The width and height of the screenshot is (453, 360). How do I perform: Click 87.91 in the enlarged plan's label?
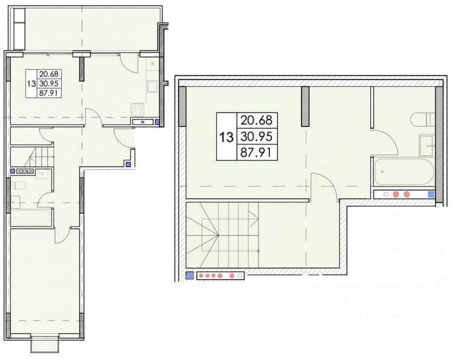[257, 153]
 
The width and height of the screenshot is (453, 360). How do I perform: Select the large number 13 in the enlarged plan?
[226, 137]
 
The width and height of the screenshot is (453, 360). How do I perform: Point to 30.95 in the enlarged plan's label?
[257, 137]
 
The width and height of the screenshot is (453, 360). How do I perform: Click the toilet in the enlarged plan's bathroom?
[422, 120]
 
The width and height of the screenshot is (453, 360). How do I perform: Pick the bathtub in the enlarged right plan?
[405, 172]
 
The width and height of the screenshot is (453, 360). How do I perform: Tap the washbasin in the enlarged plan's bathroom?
[427, 146]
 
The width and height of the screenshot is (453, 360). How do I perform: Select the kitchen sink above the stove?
[152, 86]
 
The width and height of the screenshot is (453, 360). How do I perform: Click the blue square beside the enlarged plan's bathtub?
[431, 194]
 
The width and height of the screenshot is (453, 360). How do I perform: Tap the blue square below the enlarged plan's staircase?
[190, 275]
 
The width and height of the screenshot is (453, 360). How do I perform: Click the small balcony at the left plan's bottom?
[45, 344]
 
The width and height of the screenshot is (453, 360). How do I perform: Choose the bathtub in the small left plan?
[31, 217]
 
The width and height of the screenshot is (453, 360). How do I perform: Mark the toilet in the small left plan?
[18, 185]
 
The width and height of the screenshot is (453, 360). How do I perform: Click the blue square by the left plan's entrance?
[128, 165]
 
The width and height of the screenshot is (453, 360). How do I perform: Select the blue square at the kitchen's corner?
[157, 122]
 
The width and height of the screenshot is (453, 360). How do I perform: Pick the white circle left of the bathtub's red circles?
[387, 194]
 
